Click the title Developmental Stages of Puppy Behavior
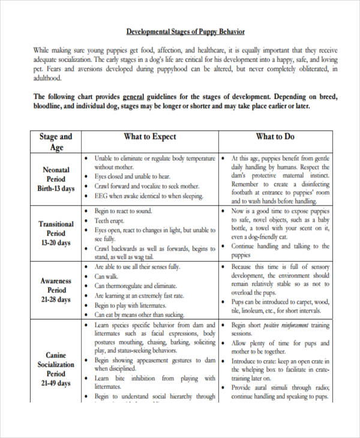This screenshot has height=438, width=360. coord(185,31)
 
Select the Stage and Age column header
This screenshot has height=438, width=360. coord(56,142)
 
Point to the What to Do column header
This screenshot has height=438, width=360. coord(275,137)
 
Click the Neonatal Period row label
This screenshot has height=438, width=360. coord(56,179)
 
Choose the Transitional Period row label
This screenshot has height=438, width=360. coord(56,233)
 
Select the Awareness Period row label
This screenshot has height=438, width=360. coord(56,290)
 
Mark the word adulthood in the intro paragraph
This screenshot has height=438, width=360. coord(48,78)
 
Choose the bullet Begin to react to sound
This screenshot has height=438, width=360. coord(124,211)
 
